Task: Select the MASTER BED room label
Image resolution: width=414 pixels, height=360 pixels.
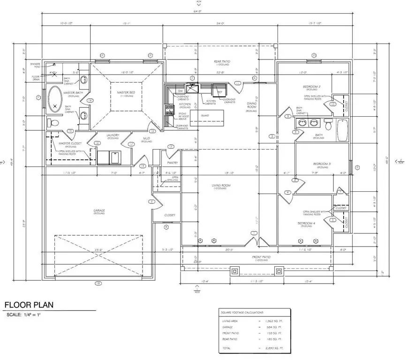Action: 126,93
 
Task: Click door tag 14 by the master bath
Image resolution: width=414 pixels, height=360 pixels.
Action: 89,100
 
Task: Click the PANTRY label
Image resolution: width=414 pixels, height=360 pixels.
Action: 173,163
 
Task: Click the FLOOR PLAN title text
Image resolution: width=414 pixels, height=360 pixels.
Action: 29,305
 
